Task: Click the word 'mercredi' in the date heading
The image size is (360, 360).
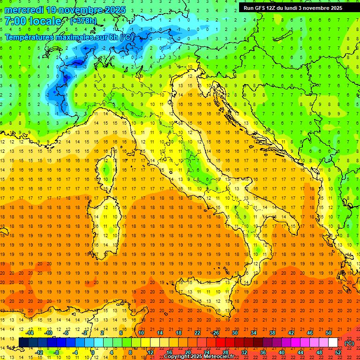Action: click(24, 9)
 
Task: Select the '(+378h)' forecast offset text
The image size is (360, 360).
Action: click(83, 21)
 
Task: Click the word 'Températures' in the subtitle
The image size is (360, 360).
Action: click(29, 37)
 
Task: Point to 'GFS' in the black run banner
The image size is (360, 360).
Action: click(261, 7)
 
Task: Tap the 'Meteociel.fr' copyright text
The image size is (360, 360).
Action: click(218, 357)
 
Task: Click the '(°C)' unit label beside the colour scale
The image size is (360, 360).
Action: click(349, 343)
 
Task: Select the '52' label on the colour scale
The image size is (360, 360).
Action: click(338, 352)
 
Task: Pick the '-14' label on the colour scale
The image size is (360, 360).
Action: click(29, 333)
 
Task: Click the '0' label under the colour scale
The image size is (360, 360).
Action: click(93, 352)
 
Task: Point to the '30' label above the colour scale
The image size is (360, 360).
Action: click(234, 333)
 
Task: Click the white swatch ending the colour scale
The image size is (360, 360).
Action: click(333, 343)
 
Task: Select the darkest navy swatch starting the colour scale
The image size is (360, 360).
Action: click(23, 343)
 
